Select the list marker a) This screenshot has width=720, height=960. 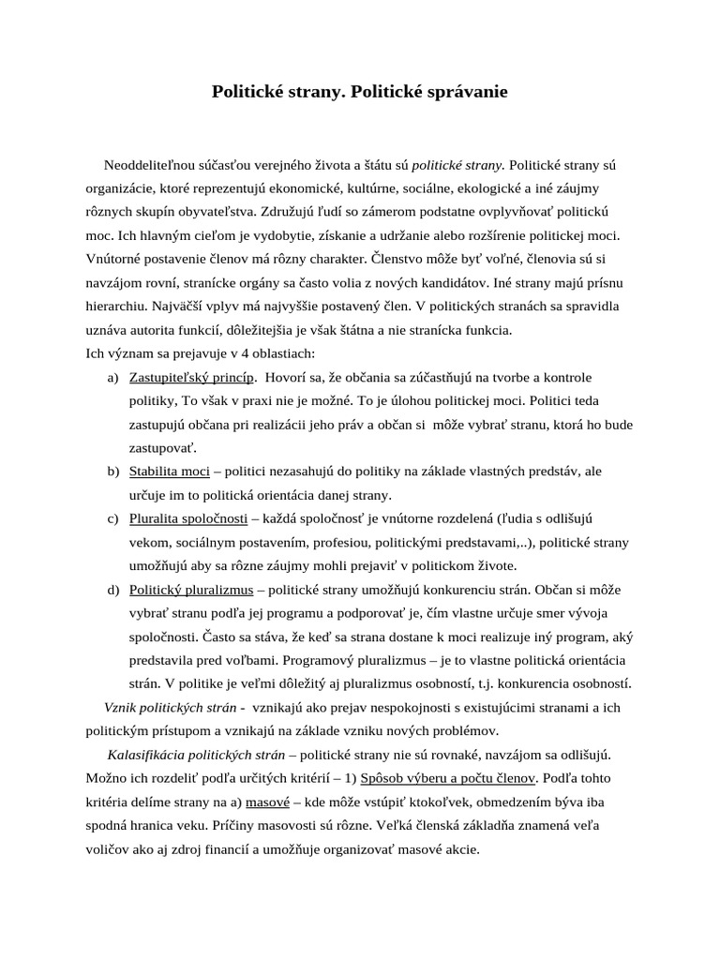(112, 377)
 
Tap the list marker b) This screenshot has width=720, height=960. (112, 472)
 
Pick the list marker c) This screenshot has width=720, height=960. (112, 518)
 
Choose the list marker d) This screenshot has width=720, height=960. (112, 590)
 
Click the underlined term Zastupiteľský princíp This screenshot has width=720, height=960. (192, 377)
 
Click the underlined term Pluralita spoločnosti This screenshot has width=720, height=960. (188, 518)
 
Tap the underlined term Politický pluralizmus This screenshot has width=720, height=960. (191, 590)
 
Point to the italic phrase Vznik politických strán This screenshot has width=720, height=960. (170, 707)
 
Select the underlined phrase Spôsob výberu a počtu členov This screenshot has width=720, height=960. (448, 778)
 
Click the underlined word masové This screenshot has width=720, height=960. (267, 802)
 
